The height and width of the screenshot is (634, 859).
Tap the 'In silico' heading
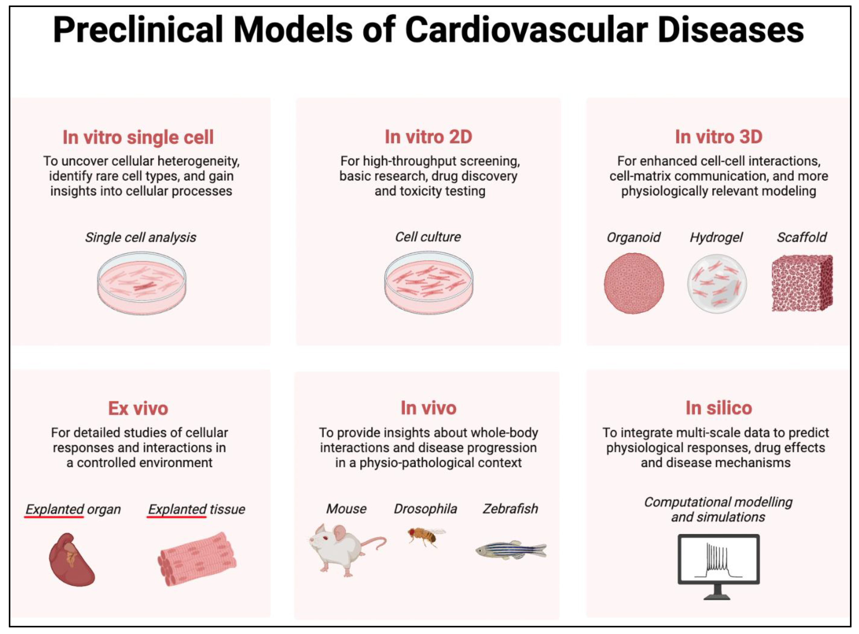point(719,408)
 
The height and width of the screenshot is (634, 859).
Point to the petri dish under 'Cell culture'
point(429,283)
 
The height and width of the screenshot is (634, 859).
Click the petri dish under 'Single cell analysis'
point(142,283)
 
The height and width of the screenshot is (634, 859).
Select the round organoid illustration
point(634,283)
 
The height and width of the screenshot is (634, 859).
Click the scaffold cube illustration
point(802,283)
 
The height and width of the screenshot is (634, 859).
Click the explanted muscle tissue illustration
point(197,558)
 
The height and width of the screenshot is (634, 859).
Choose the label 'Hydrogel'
point(716,237)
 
